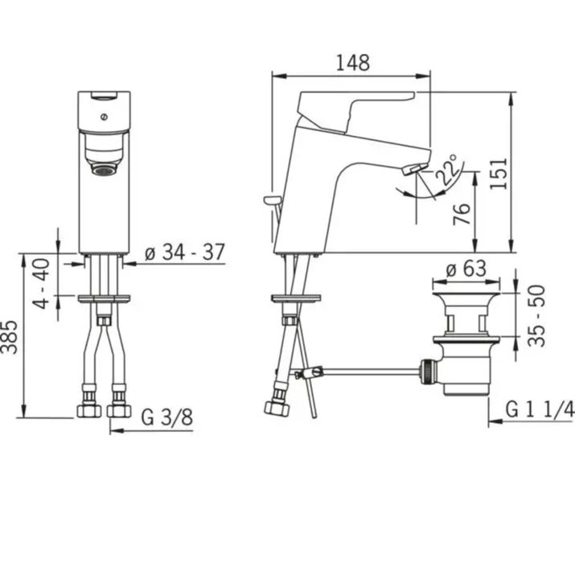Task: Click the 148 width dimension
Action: [353, 63]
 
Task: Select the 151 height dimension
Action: [499, 174]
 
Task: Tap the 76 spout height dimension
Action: [462, 213]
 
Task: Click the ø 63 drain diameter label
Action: [466, 269]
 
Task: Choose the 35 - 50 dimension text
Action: [537, 315]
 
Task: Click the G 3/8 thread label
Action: [166, 417]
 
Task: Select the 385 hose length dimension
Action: [10, 337]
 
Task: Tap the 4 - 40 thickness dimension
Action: [41, 284]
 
